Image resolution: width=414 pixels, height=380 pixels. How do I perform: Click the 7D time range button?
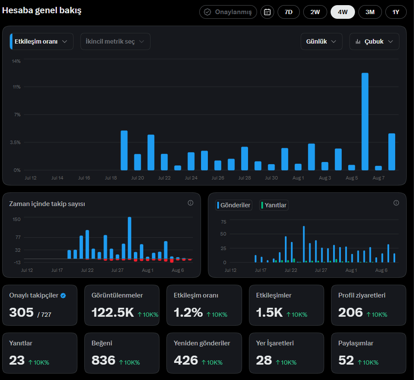click(x=288, y=12)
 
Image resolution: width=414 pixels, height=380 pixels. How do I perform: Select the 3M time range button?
click(x=370, y=12)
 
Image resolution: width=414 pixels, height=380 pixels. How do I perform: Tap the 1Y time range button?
click(x=396, y=12)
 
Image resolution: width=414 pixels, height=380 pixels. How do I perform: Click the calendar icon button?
click(x=267, y=12)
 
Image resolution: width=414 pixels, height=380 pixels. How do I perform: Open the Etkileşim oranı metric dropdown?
click(x=41, y=41)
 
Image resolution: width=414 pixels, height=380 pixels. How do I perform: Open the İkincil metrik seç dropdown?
click(x=115, y=41)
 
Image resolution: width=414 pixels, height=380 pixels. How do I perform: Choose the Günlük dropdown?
click(x=321, y=41)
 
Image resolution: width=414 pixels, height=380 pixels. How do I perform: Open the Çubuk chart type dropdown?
click(x=374, y=41)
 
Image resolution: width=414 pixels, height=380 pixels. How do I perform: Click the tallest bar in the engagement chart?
click(x=365, y=121)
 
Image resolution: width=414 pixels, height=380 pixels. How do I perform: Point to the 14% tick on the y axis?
click(x=16, y=61)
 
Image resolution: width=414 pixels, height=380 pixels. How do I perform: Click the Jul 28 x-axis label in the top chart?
click(x=245, y=178)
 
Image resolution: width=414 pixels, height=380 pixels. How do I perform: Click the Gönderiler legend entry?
click(x=234, y=205)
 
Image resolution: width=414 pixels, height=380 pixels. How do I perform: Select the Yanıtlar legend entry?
click(x=274, y=205)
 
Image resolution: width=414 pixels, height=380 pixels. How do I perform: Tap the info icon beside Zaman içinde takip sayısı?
click(x=190, y=203)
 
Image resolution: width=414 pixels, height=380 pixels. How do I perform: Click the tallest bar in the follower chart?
click(x=129, y=238)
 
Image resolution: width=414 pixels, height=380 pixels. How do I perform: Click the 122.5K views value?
click(x=112, y=312)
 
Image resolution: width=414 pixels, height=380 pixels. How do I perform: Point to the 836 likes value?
click(x=103, y=360)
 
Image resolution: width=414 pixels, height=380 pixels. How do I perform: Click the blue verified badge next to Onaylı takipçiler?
click(x=63, y=295)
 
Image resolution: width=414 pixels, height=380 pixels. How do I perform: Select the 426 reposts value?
click(x=186, y=360)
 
